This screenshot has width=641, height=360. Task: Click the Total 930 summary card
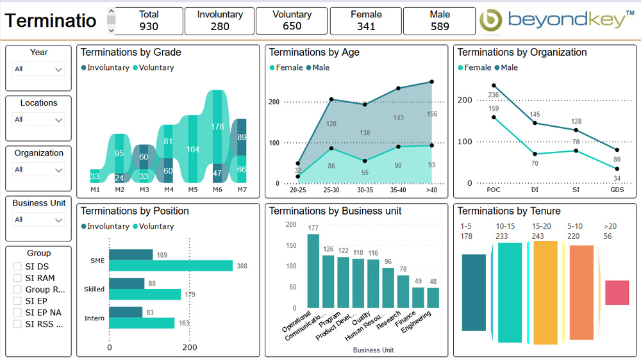pyautogui.click(x=149, y=20)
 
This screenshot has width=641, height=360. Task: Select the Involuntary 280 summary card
pyautogui.click(x=220, y=20)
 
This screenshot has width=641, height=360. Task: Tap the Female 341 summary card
pyautogui.click(x=366, y=20)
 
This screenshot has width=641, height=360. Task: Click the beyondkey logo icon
pyautogui.click(x=492, y=20)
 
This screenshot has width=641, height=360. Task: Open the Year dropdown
pyautogui.click(x=38, y=69)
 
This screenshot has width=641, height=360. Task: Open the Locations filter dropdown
pyautogui.click(x=38, y=119)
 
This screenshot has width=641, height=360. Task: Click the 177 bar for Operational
pyautogui.click(x=313, y=270)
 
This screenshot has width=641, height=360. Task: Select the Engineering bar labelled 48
pyautogui.click(x=433, y=298)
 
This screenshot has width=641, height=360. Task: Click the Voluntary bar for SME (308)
pyautogui.click(x=171, y=266)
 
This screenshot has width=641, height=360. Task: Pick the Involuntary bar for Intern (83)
pyautogui.click(x=126, y=312)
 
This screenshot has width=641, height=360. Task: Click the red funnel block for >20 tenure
pyautogui.click(x=617, y=292)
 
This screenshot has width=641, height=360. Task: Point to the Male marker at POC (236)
pyautogui.click(x=494, y=85)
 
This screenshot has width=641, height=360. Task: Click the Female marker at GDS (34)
pyautogui.click(x=617, y=169)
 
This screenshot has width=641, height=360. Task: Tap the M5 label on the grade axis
pyautogui.click(x=193, y=190)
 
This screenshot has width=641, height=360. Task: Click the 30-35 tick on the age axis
pyautogui.click(x=364, y=190)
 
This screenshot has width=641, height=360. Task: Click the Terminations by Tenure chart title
pyautogui.click(x=509, y=211)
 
